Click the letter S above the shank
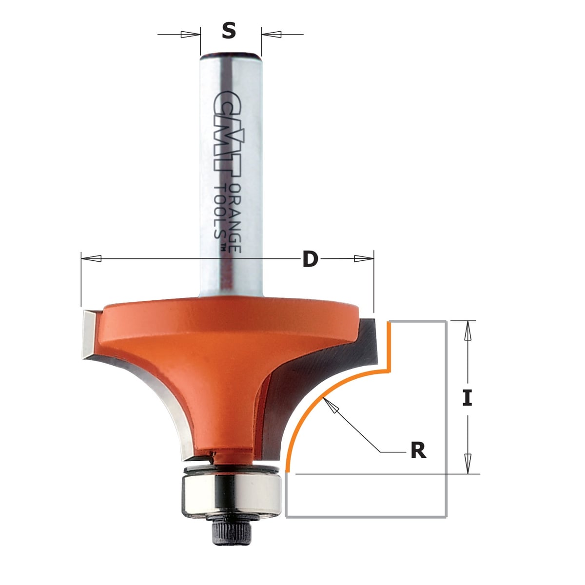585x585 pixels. coord(229,31)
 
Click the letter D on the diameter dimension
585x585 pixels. coord(310,259)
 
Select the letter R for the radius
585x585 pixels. coord(418,451)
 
